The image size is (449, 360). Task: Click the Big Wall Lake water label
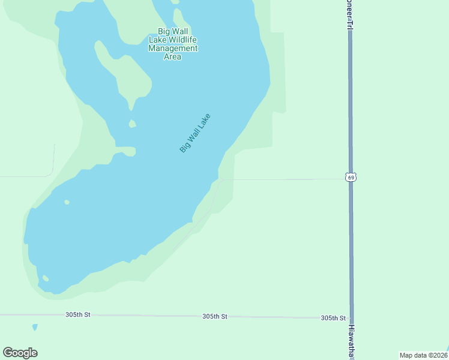[x=196, y=133]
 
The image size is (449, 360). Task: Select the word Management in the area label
[x=173, y=48]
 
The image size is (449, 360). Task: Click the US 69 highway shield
[x=351, y=177]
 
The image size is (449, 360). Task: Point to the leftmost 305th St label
[x=78, y=314]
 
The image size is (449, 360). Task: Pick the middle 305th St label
[x=215, y=316]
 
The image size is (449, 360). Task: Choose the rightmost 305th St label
[x=333, y=318]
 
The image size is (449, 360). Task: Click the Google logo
[x=20, y=353]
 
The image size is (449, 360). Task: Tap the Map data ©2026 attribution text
[x=424, y=355]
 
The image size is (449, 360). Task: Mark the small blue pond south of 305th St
[x=35, y=328]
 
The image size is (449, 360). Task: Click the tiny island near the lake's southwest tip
[x=45, y=278]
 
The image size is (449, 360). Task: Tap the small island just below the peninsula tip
[x=132, y=124]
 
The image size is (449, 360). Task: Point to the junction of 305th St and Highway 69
[x=351, y=318]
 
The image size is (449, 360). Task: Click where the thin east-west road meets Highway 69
[x=351, y=179]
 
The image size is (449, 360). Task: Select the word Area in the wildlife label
[x=173, y=57]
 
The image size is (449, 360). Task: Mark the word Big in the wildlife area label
[x=163, y=31]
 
